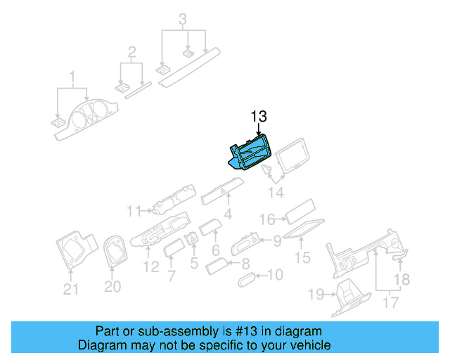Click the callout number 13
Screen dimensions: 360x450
[x=259, y=117]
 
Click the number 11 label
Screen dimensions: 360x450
[x=134, y=210]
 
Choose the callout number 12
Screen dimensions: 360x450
[x=150, y=267]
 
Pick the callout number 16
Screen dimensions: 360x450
[x=267, y=219]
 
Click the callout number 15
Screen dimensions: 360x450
[x=302, y=258]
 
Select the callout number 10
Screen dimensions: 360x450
[x=275, y=275]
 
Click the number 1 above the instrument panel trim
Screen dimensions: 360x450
[x=71, y=76]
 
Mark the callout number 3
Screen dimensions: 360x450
[x=183, y=19]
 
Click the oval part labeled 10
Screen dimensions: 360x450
[x=248, y=280]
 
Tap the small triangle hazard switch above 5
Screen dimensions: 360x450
[x=192, y=239]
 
